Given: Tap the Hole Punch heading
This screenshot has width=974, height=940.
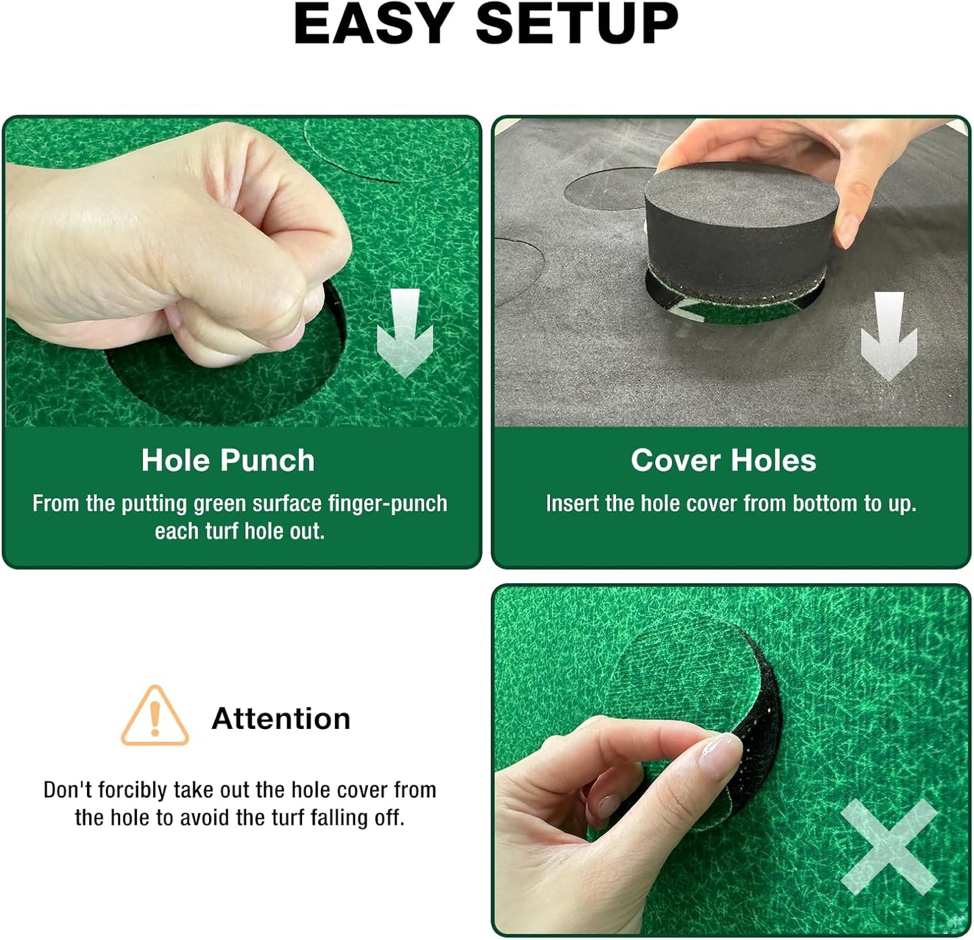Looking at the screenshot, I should click(228, 461).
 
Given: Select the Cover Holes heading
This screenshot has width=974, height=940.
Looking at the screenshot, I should click(723, 461).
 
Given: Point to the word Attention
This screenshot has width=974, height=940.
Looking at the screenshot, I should click(281, 719).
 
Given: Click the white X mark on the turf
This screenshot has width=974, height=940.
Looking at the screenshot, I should click(888, 846).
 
